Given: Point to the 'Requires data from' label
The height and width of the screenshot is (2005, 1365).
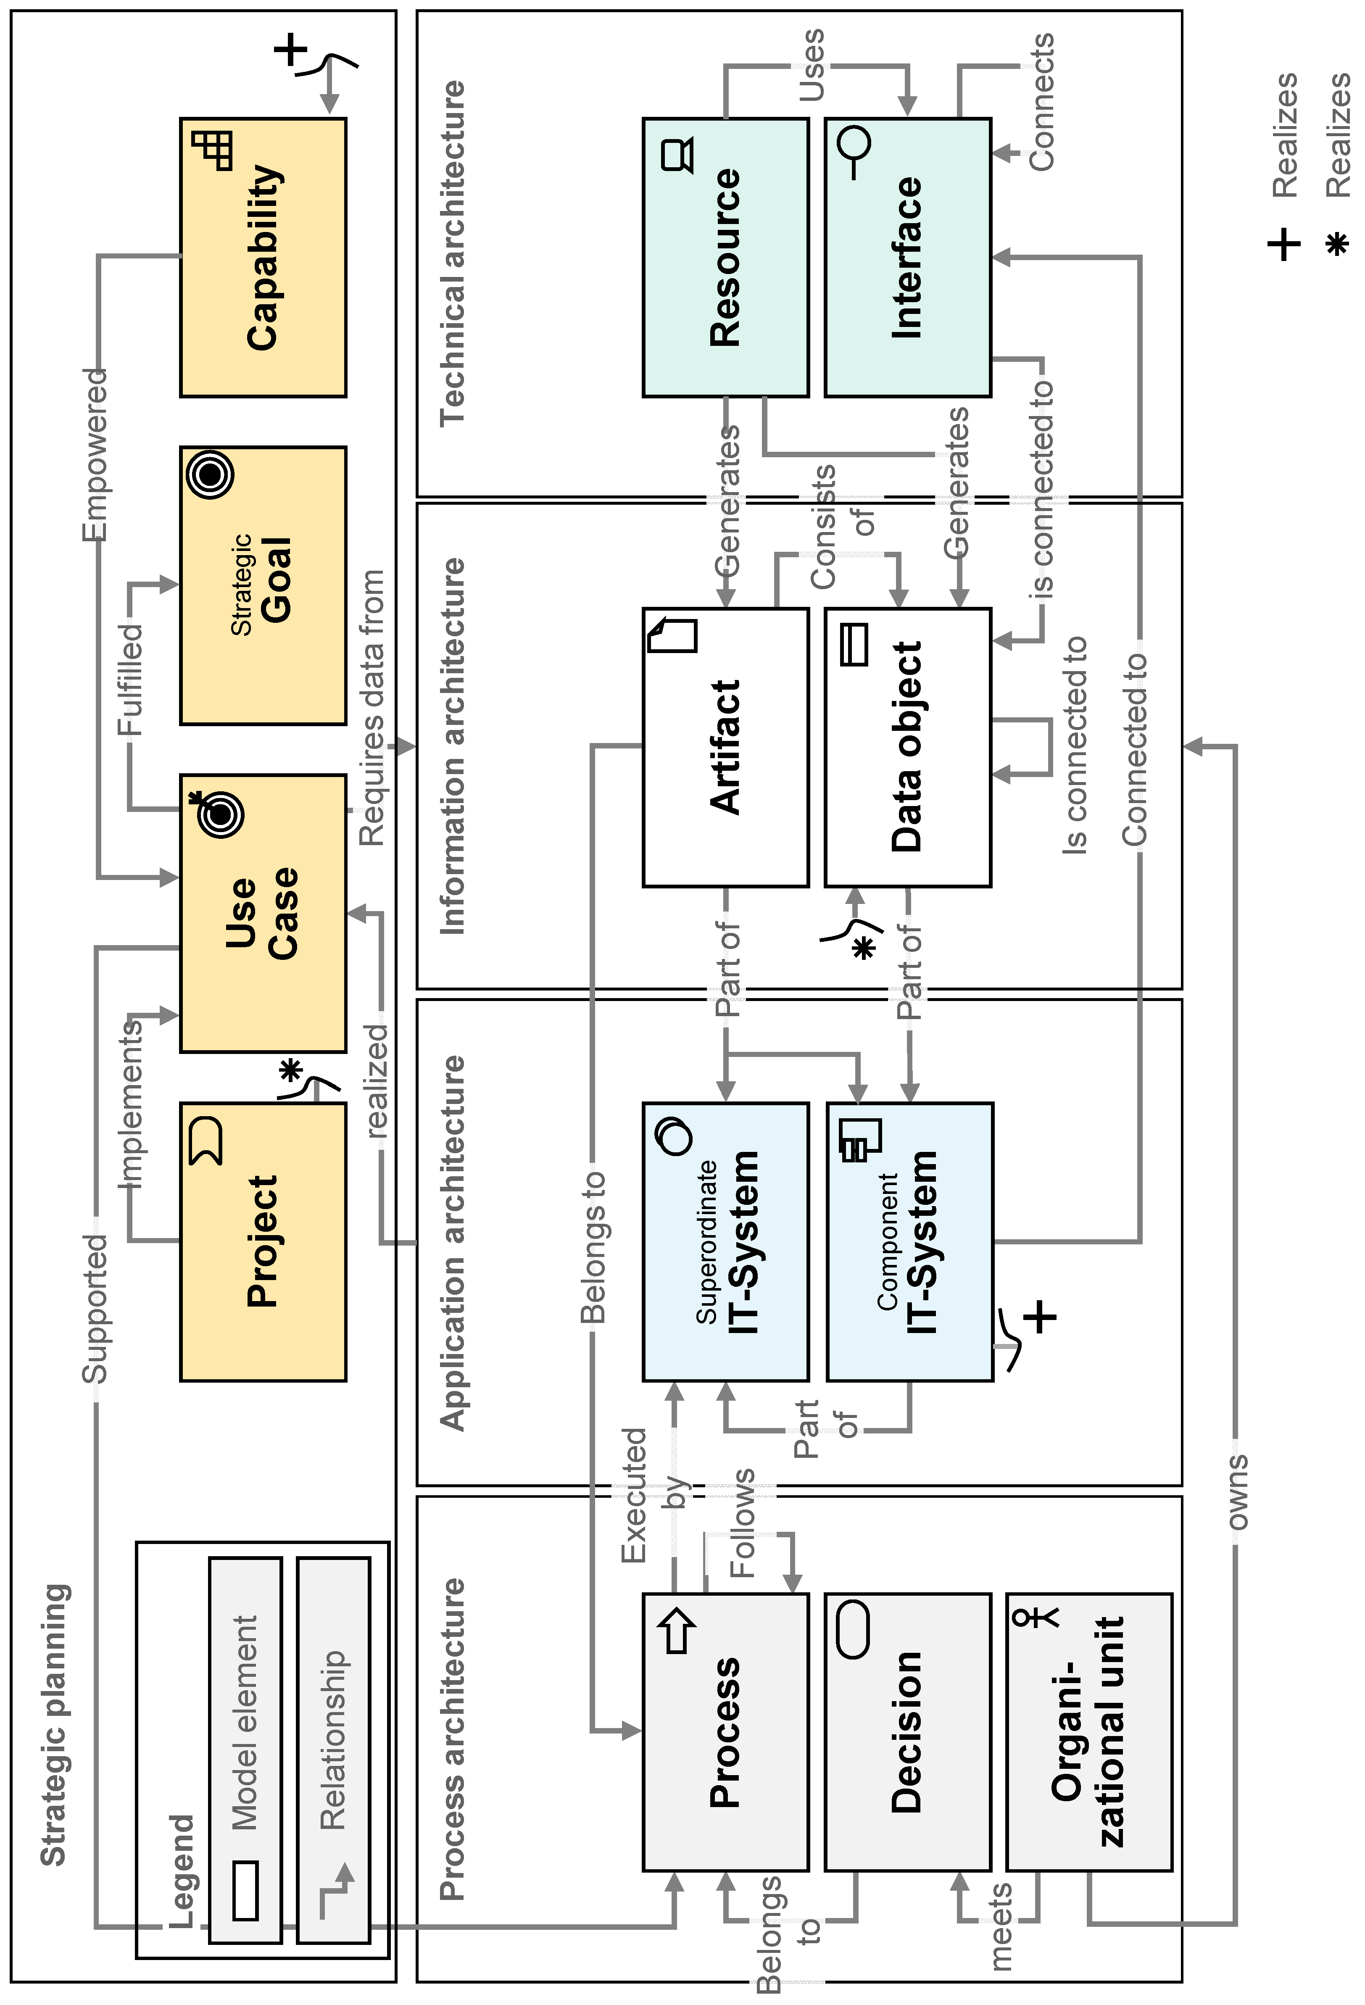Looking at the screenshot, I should point(372,707).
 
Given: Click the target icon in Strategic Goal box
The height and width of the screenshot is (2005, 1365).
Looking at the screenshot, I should point(210,474).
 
